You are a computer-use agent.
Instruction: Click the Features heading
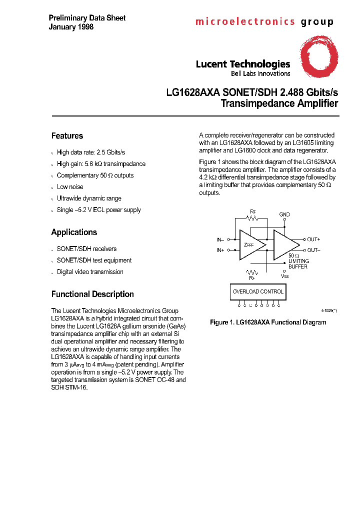point(67,136)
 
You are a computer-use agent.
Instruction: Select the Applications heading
point(74,232)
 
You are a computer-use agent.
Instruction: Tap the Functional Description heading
point(92,294)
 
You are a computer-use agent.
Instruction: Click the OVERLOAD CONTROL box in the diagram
point(257,291)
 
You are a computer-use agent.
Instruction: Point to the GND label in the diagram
point(284,214)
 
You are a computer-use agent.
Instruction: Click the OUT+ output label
point(313,239)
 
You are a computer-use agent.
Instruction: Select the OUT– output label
point(313,250)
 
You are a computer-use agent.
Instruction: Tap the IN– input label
point(220,239)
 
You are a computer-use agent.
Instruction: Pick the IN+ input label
point(220,250)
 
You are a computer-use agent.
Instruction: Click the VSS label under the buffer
point(284,275)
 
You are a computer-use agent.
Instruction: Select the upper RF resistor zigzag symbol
point(253,218)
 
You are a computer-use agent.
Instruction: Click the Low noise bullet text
point(70,187)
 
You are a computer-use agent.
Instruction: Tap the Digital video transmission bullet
point(90,272)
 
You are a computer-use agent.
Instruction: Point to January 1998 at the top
point(71,27)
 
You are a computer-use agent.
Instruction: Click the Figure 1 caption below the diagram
point(267,322)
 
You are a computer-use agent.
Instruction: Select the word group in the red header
point(316,22)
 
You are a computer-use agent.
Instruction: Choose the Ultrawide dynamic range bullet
point(89,198)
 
